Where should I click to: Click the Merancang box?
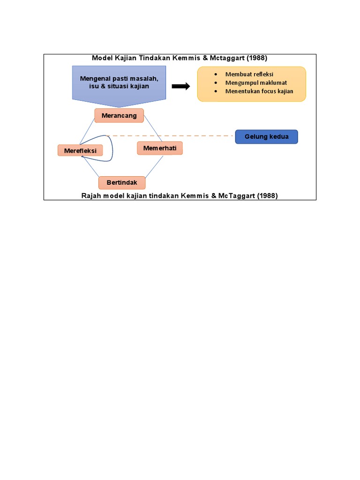[119, 116]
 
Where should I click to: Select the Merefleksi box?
[80, 150]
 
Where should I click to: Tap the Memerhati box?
[160, 148]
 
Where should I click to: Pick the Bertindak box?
[122, 182]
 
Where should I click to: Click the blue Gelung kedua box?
[266, 137]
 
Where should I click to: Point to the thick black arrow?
[180, 86]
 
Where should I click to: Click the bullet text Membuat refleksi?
[249, 74]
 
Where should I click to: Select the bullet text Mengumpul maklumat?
[256, 82]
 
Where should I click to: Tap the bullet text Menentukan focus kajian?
[259, 91]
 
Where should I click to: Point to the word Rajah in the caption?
[91, 196]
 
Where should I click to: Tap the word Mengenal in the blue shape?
[94, 78]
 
